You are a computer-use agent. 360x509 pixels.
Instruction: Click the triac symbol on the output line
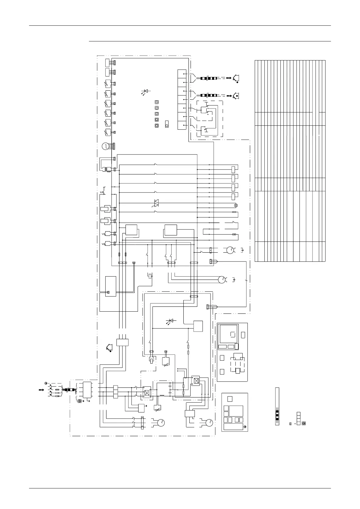coord(157,203)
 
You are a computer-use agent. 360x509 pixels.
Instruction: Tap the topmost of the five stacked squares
coord(157,102)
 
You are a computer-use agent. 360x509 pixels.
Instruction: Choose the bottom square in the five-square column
coord(157,126)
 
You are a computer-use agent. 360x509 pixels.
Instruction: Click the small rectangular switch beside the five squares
coord(167,124)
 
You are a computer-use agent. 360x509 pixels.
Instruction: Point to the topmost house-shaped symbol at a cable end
coord(236,78)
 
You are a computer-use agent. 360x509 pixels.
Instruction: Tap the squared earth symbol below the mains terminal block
coord(80,401)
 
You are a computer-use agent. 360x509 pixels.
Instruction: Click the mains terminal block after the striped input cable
coord(87,389)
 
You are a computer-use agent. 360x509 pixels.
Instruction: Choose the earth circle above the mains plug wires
coord(46,383)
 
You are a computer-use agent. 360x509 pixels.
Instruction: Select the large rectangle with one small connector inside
coord(110,286)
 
